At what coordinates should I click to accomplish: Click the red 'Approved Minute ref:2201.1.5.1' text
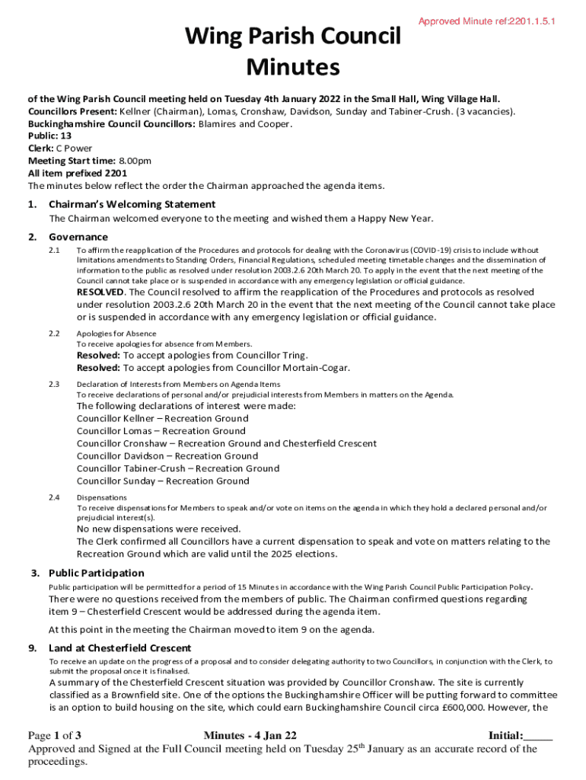(486, 22)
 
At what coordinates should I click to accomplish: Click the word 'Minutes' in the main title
(293, 69)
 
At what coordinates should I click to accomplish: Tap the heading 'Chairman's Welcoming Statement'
(132, 204)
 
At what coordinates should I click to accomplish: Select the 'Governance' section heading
(78, 237)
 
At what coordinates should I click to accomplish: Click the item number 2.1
(54, 250)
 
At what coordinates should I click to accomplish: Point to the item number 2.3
(54, 385)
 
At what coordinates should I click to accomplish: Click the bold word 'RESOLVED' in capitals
(100, 292)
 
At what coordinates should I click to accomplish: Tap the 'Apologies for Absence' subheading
(116, 334)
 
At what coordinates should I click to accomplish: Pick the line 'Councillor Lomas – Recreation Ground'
(161, 431)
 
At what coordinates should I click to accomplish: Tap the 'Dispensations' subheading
(100, 497)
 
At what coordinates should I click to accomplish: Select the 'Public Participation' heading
(96, 573)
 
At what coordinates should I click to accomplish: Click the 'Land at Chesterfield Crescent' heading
(119, 648)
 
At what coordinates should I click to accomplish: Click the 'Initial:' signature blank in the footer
(521, 736)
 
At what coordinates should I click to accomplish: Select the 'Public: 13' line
(50, 136)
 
